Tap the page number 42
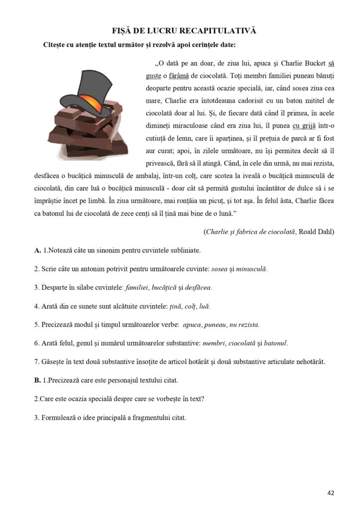click(331, 493)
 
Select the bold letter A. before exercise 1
click(38, 251)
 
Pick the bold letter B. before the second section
click(38, 380)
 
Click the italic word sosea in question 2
click(220, 269)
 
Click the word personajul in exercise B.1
click(126, 380)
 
